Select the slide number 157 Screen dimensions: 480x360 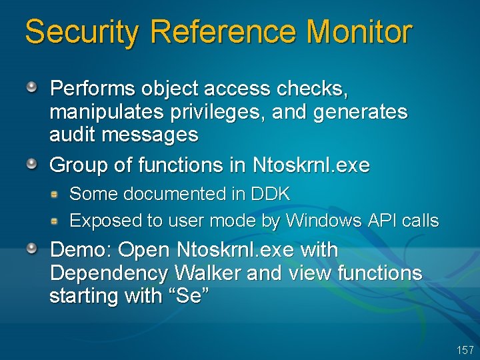pos(465,350)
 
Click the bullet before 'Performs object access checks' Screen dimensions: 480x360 pos(33,87)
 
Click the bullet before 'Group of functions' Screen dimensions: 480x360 pos(33,163)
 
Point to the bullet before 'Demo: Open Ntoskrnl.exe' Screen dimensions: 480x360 pos(33,249)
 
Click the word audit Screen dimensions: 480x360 pos(70,135)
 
